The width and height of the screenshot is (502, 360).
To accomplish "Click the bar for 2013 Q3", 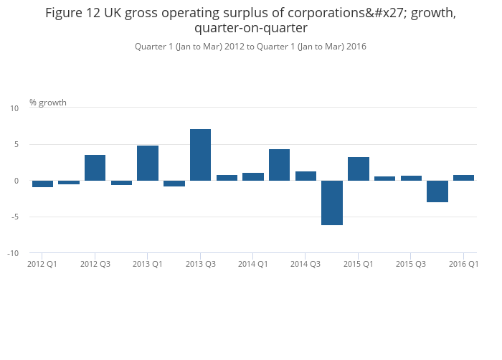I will (x=200, y=155).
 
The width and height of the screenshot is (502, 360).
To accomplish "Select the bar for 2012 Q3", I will (x=95, y=168).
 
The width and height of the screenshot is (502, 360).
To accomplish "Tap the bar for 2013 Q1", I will (x=148, y=163).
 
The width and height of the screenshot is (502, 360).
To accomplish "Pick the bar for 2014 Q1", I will (x=253, y=176).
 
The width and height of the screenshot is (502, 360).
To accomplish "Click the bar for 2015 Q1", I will (x=359, y=169).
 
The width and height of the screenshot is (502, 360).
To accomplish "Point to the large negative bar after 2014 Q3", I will (x=332, y=203).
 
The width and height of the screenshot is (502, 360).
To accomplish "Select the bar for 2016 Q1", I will (x=463, y=178).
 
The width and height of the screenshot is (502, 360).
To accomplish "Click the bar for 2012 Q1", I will (x=42, y=184).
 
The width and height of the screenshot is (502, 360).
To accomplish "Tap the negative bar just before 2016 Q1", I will (x=437, y=191).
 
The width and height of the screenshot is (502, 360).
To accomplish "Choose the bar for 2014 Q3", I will (x=306, y=176).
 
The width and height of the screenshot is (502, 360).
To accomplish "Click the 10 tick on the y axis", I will (x=14, y=108).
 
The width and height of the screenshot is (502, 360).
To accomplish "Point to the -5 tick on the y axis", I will (x=14, y=217).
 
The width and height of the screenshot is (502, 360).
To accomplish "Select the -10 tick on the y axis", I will (x=12, y=254).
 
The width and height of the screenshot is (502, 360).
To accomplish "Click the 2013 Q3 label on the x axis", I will (x=201, y=265).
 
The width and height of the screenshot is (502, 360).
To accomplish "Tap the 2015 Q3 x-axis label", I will (x=411, y=265).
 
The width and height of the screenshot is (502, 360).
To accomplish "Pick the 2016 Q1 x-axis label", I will (x=463, y=265).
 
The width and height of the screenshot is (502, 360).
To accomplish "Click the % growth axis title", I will (x=48, y=103).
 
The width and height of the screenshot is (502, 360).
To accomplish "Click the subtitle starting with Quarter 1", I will (x=251, y=47).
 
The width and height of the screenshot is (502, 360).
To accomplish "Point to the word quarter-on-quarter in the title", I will (x=251, y=29).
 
